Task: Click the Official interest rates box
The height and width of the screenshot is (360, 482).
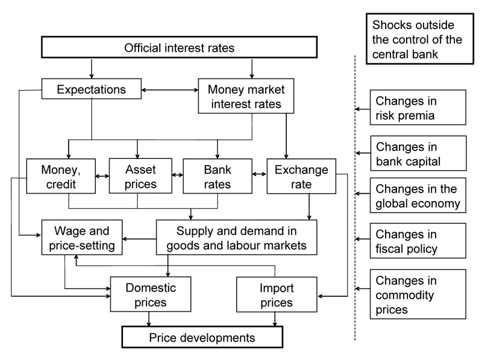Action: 178,48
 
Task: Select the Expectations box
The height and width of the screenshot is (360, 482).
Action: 91,90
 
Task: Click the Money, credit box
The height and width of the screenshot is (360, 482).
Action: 61,176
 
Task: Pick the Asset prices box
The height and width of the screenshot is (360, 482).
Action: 140,176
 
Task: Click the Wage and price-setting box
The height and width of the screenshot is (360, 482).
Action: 81,237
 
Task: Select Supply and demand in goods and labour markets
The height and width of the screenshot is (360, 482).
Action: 237,237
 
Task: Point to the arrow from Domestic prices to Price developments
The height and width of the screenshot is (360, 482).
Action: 149,319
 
